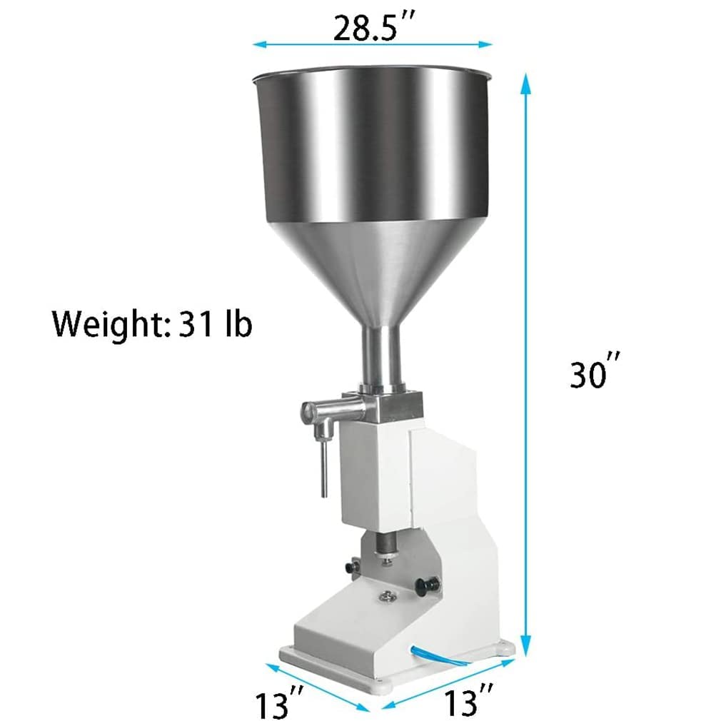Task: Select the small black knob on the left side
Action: (x=350, y=565)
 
